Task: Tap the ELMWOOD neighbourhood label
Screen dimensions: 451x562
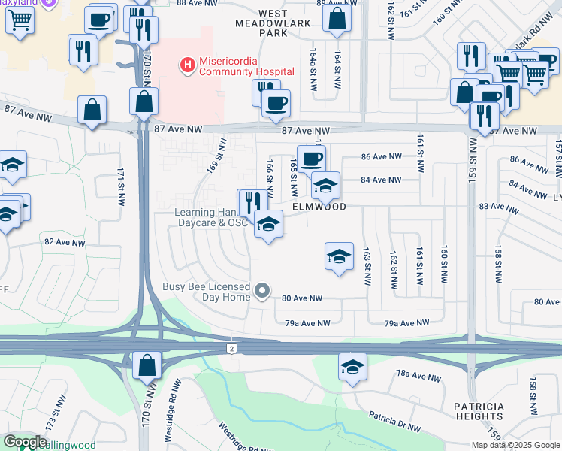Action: pos(319,206)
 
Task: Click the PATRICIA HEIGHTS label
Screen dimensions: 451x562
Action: pos(479,411)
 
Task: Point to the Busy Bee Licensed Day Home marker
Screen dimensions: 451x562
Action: pos(262,290)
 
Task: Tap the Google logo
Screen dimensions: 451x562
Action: pos(26,442)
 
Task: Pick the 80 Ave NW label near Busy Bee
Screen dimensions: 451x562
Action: pos(302,298)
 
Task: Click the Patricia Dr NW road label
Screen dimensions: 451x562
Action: pos(394,421)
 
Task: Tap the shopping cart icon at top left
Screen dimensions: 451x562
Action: pos(20,20)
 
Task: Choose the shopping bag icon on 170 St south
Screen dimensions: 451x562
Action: pos(147,366)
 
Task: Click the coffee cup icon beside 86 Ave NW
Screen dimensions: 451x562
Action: pos(311,158)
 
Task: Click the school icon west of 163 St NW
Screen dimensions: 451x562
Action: pos(339,256)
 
